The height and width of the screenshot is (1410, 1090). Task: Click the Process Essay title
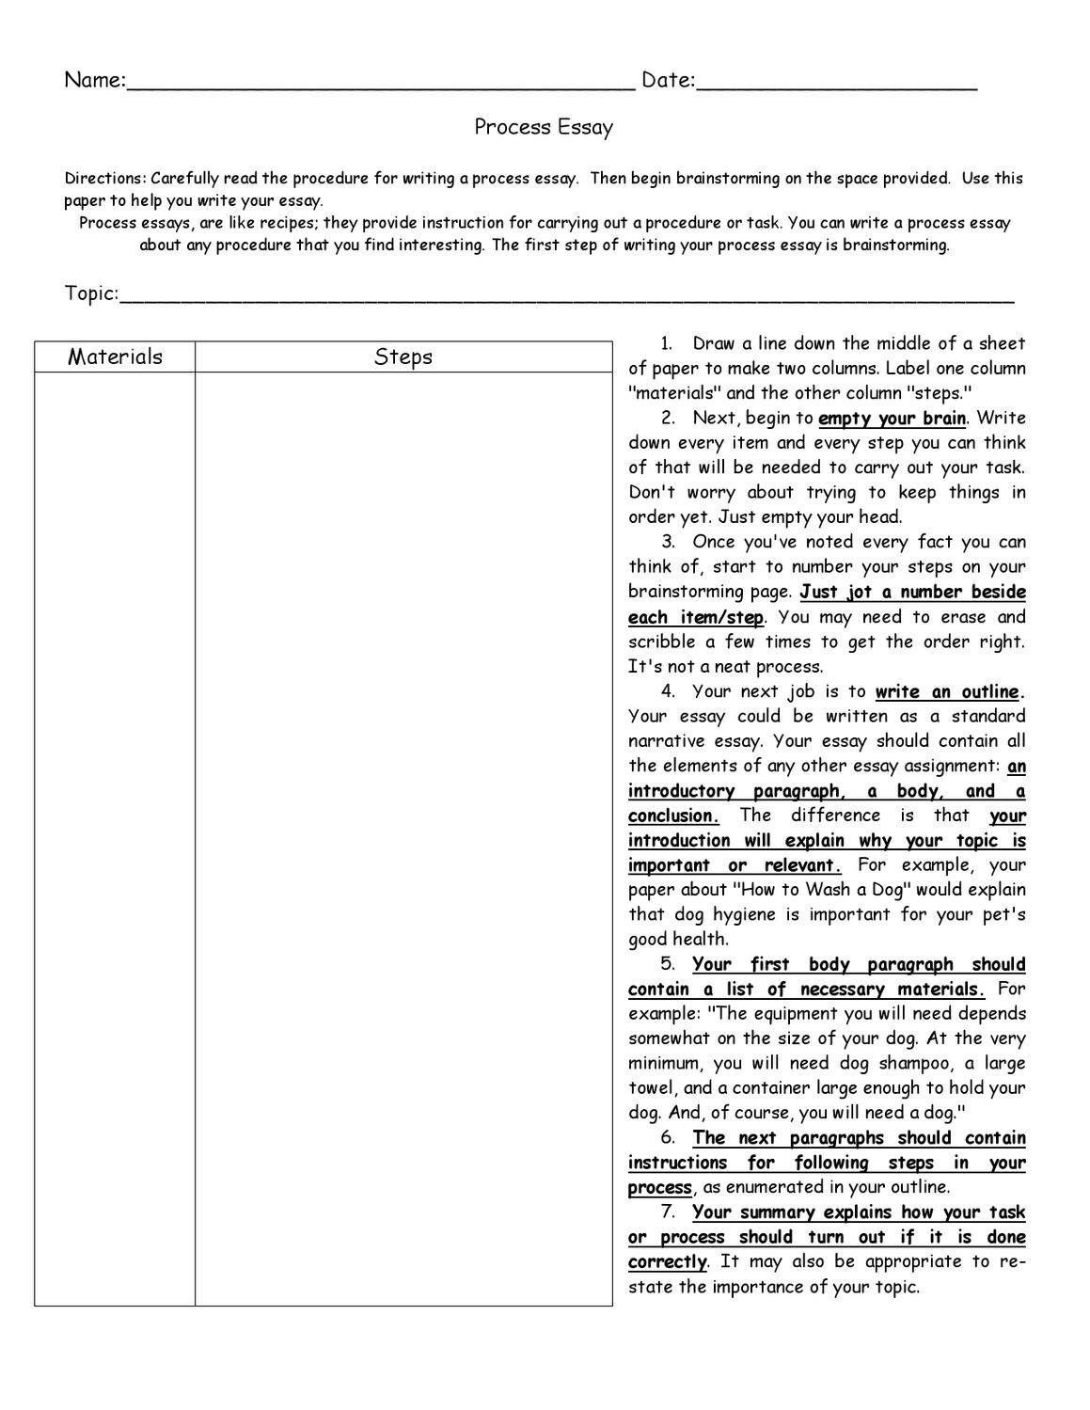pyautogui.click(x=544, y=127)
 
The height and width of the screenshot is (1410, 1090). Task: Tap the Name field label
pyautogui.click(x=93, y=81)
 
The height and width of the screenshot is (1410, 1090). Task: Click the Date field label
pyautogui.click(x=667, y=81)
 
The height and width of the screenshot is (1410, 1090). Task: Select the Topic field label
pyautogui.click(x=90, y=293)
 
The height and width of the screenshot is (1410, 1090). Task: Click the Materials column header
pyautogui.click(x=115, y=356)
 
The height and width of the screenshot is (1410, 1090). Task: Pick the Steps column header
pyautogui.click(x=403, y=356)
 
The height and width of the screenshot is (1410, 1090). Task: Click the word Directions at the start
pyautogui.click(x=104, y=179)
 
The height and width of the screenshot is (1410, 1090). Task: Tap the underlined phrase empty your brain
pyautogui.click(x=892, y=419)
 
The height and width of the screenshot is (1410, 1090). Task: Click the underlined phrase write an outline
pyautogui.click(x=947, y=692)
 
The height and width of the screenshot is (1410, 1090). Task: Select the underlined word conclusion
pyautogui.click(x=672, y=816)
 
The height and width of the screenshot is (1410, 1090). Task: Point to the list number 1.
pyautogui.click(x=667, y=343)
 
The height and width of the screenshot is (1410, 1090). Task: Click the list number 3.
pyautogui.click(x=668, y=542)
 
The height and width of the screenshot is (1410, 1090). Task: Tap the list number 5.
pyautogui.click(x=668, y=964)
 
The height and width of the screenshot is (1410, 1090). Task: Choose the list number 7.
pyautogui.click(x=668, y=1212)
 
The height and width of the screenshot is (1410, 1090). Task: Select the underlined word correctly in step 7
pyautogui.click(x=667, y=1262)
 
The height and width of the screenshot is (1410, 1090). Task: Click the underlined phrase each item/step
pyautogui.click(x=695, y=618)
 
